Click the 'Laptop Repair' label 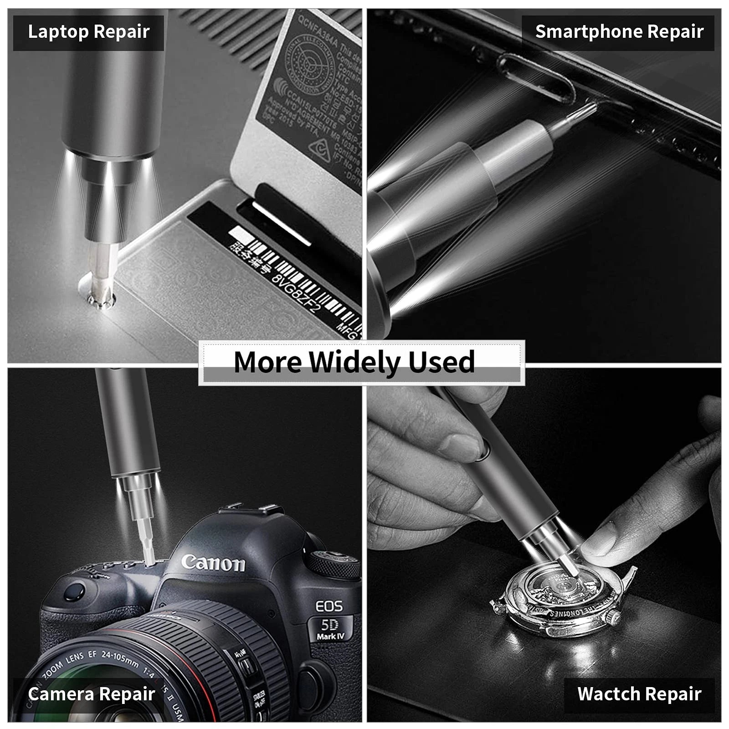88,32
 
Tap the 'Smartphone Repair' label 619,32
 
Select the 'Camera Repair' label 91,694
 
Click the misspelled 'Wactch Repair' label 639,694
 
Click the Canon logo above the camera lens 213,563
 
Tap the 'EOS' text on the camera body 329,606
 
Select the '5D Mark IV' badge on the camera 330,629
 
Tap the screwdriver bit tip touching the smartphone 590,108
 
